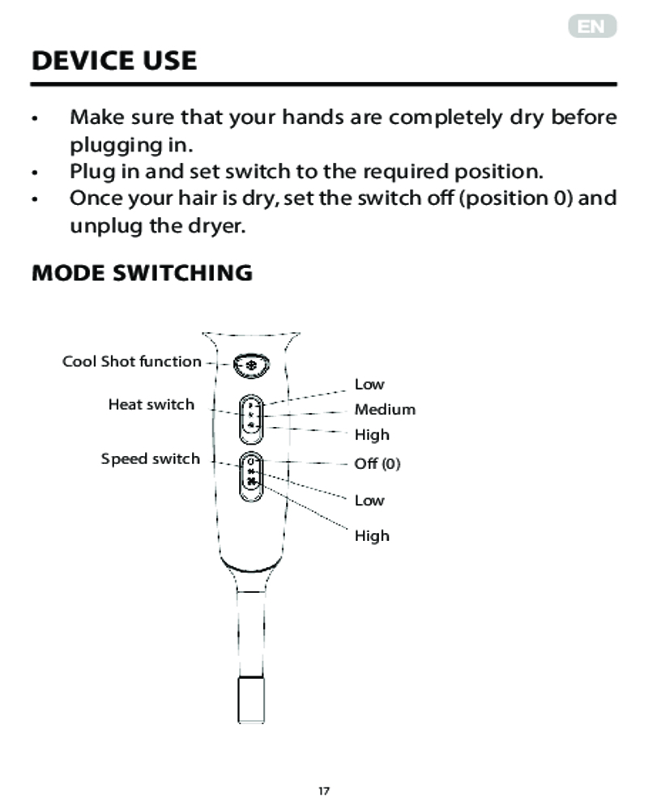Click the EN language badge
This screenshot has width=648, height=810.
tap(592, 26)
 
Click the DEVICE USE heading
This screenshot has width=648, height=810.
tap(114, 61)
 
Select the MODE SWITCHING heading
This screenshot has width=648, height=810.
tap(142, 273)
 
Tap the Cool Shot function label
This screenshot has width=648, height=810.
tap(132, 361)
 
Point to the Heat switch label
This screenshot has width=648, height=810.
tap(151, 404)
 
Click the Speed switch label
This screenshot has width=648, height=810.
tap(151, 458)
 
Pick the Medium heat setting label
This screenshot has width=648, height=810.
tap(385, 409)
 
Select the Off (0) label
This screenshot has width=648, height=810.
tap(377, 463)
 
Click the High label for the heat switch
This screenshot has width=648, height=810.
tap(372, 435)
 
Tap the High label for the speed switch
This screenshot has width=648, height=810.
tap(372, 535)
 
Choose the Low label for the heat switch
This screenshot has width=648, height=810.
tap(369, 384)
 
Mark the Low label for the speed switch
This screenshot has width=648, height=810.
tap(369, 500)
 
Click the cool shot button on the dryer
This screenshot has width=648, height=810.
tap(251, 366)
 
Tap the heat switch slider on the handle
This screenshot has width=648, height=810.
tap(251, 419)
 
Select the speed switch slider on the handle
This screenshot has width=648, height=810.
tap(251, 477)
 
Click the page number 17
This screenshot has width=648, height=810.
tap(324, 791)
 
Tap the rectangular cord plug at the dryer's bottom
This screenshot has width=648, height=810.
tap(251, 700)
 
